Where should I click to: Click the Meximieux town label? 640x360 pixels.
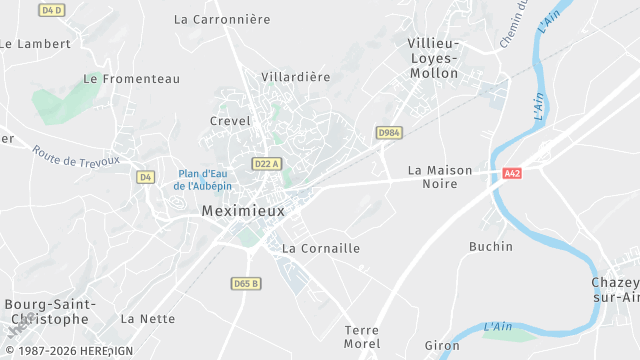pos(243,211)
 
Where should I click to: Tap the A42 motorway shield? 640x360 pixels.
pos(512,173)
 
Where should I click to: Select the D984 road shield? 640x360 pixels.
pos(388,132)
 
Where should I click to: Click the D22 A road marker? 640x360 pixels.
pos(266,164)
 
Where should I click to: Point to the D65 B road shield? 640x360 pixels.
pos(245,283)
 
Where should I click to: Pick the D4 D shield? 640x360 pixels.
pos(51,10)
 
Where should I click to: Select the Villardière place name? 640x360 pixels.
pos(295,76)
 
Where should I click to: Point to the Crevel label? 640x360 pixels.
pos(230,121)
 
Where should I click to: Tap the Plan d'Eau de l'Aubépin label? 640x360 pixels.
pos(202,179)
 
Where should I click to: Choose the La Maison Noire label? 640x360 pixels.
pos(440,177)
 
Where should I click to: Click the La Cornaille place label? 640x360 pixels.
pos(321,248)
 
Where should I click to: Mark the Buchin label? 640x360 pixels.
pos(491,246)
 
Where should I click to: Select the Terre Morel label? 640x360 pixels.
pos(361,337)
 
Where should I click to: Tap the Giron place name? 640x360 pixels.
pos(442,346)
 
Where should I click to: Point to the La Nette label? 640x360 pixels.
pos(147,319)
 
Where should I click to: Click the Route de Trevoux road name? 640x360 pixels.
pos(75,157)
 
